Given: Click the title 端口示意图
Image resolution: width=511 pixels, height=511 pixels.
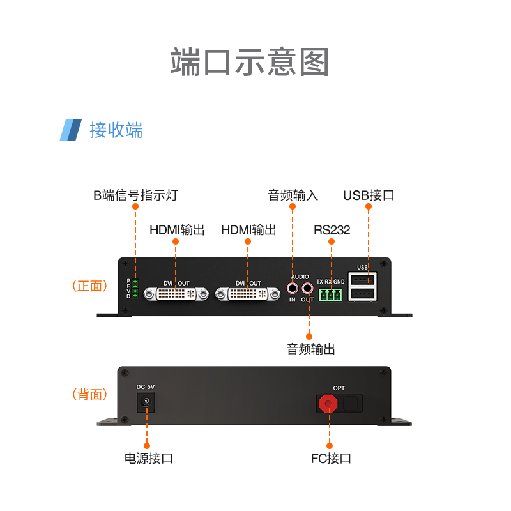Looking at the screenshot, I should click(x=250, y=62).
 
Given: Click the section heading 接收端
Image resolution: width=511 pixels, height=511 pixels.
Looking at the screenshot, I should click(x=116, y=130).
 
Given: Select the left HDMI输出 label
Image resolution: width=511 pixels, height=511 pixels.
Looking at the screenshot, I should click(x=177, y=230).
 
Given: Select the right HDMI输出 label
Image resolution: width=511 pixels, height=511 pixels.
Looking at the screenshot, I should click(x=248, y=230).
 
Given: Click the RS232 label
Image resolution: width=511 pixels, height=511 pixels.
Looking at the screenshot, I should click(x=332, y=230).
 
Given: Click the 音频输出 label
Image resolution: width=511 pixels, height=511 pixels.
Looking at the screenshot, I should click(x=310, y=349).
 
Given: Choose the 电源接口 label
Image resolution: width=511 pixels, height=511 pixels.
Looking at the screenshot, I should click(x=148, y=458).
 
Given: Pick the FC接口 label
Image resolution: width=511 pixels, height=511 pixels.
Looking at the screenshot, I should click(x=331, y=458).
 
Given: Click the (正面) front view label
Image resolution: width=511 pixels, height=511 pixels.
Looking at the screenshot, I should click(x=89, y=286).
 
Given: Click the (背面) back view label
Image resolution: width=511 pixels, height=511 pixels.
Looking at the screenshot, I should click(x=89, y=394).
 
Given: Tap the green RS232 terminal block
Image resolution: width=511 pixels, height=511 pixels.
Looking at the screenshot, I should click(x=331, y=294).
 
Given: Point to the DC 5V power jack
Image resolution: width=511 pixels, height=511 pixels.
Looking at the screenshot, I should click(x=146, y=402).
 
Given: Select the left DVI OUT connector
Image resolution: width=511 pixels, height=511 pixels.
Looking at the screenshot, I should click(x=176, y=294).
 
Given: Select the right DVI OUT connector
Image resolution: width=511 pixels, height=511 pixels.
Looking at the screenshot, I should click(x=247, y=294).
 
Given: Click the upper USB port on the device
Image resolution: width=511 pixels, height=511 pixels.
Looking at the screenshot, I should click(x=362, y=280).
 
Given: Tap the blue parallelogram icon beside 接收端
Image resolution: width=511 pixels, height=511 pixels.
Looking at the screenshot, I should click(x=71, y=130).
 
